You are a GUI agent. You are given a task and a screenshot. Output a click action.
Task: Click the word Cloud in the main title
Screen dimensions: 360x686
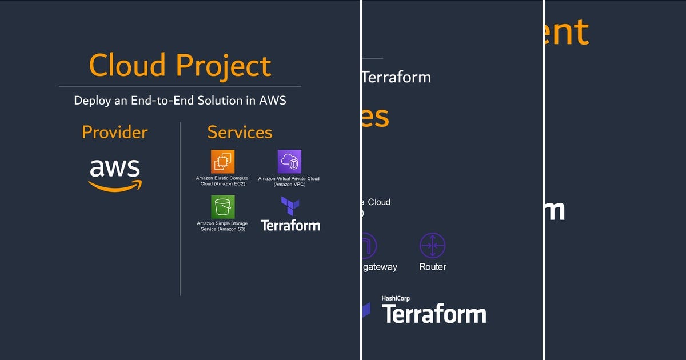pos(127,65)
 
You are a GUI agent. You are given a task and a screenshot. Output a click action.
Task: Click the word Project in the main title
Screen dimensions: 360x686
pos(224,66)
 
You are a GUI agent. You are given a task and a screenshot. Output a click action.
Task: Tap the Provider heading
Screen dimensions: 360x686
pos(114,132)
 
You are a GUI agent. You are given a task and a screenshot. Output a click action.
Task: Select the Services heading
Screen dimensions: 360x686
pos(240,132)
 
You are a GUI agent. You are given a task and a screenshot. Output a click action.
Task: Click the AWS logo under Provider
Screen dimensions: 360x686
pos(115,174)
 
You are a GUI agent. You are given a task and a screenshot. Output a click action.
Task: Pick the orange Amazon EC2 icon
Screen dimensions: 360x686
pos(222,161)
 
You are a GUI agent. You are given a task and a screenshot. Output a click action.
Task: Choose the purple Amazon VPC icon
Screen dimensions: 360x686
pos(289,162)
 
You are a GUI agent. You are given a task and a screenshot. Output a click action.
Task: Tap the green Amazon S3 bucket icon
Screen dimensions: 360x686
pos(222,207)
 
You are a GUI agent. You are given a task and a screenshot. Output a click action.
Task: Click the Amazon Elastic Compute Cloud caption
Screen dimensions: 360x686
pos(222,181)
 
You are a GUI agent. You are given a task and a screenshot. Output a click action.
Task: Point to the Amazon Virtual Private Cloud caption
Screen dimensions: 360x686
pos(289,182)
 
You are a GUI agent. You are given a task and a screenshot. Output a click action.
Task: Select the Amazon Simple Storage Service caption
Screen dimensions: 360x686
pos(222,226)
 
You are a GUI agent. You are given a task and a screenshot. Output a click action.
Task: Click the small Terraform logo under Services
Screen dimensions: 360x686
pos(290,214)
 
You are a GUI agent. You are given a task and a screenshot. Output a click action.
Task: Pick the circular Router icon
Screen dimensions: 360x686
pos(432,245)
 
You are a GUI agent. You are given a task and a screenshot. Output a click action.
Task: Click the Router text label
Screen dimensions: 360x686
pos(432,267)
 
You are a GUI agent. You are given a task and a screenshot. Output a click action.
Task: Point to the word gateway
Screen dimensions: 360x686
pos(379,267)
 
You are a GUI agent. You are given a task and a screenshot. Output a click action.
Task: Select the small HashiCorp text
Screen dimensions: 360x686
pos(396,298)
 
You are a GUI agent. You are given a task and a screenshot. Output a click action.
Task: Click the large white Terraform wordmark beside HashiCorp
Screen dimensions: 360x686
pos(433,314)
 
